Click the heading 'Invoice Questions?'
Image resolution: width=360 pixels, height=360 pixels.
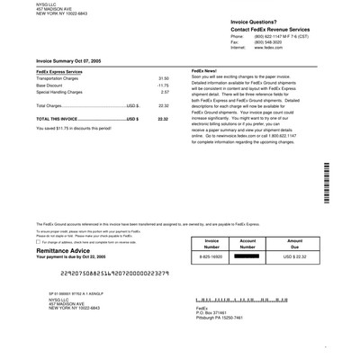[230, 19]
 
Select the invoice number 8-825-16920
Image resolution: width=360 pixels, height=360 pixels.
[211, 256]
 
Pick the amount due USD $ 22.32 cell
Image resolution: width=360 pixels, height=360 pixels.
[294, 256]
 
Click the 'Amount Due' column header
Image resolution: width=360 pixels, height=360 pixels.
[294, 244]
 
